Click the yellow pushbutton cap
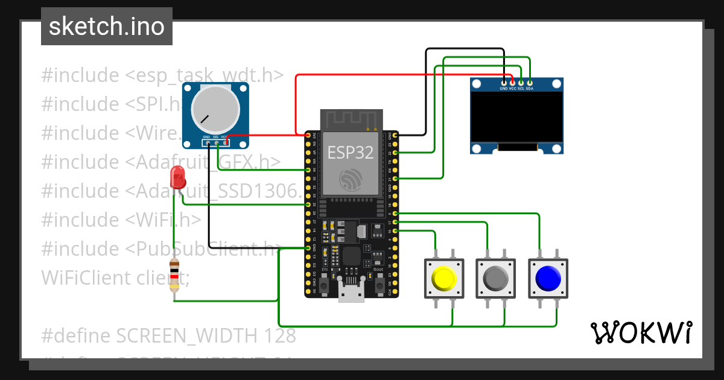pos(444,278)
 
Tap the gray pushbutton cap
pos(496,278)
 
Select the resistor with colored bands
pos(174,275)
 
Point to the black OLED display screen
pos(517,117)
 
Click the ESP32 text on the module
pos(351,153)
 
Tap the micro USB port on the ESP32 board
pos(351,294)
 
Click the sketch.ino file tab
pos(107,27)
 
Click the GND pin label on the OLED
pos(504,89)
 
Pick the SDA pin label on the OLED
pos(530,89)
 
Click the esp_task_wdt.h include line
pos(162,75)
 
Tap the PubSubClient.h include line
pos(161,249)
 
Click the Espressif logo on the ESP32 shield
pos(351,180)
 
